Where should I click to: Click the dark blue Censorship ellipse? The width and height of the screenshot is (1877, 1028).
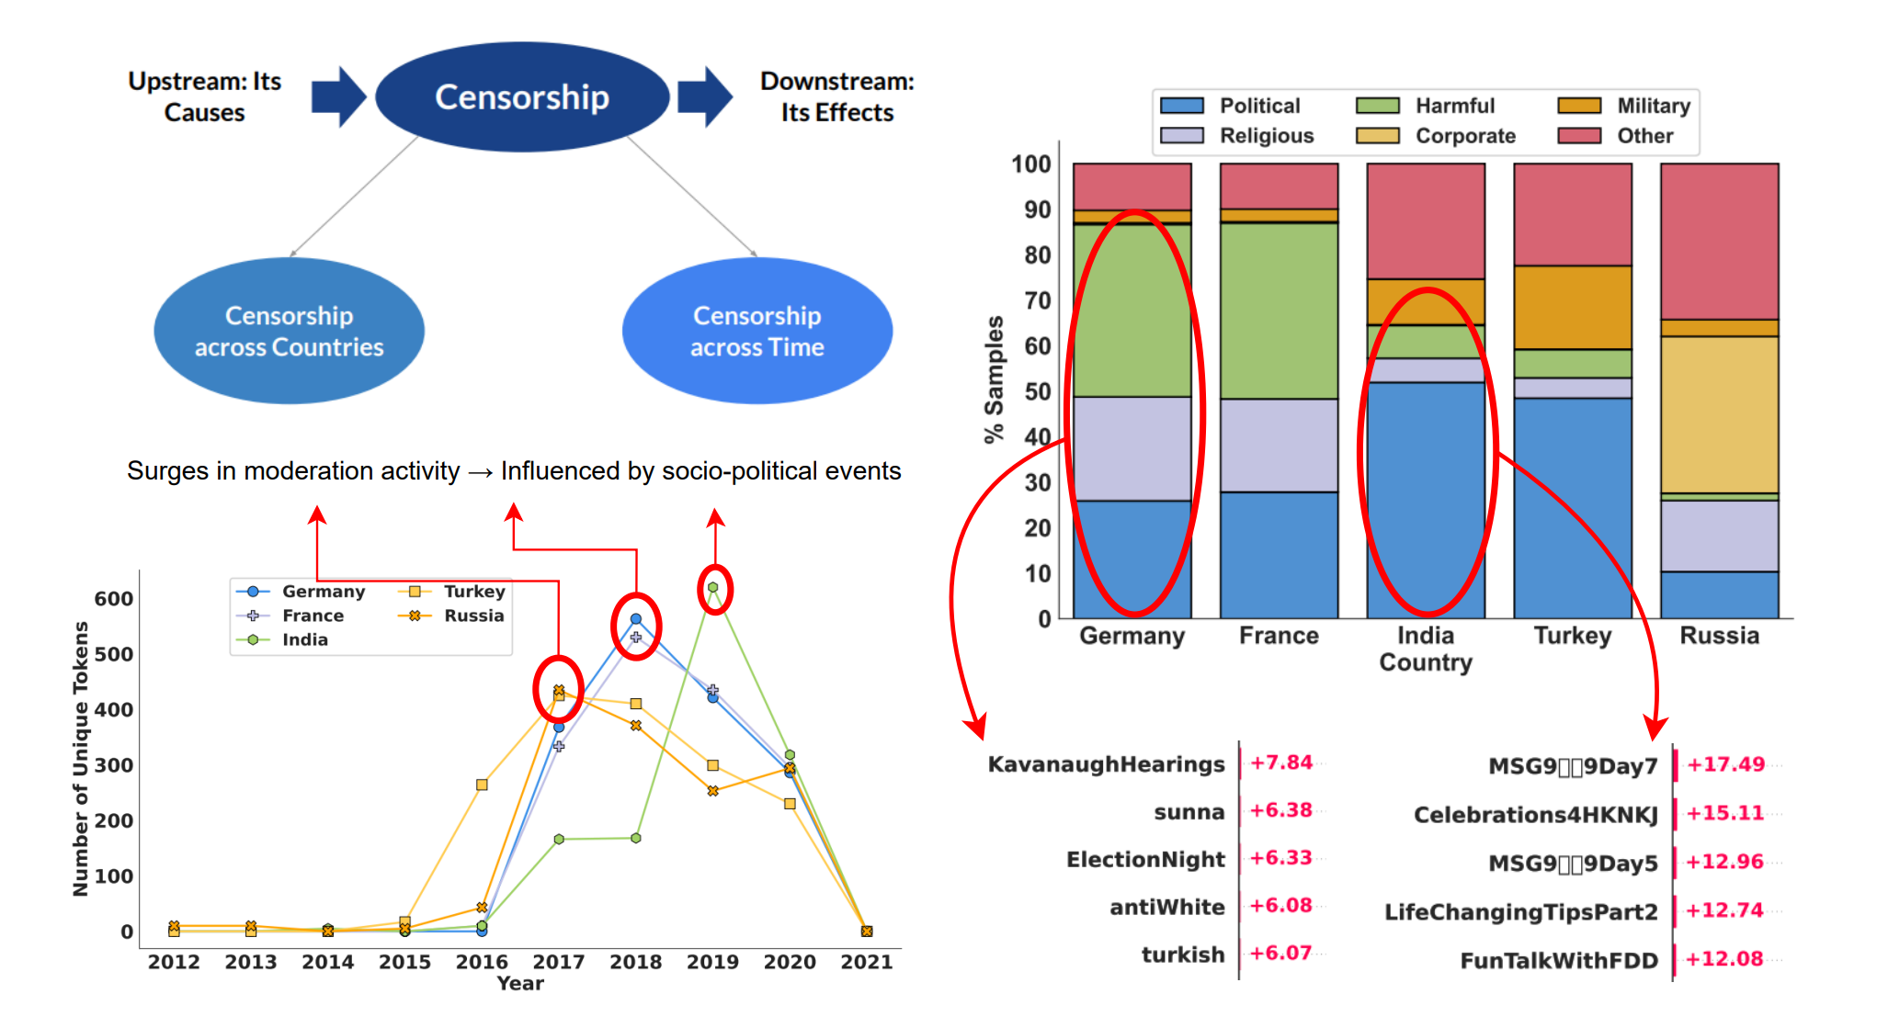click(x=521, y=96)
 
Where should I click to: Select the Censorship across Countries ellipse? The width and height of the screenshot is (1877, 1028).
click(x=289, y=331)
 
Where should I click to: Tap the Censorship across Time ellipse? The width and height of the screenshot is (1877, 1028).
click(x=756, y=331)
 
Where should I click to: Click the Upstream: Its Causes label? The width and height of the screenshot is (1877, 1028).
click(x=204, y=96)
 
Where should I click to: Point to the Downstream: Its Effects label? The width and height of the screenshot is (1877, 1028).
click(x=836, y=96)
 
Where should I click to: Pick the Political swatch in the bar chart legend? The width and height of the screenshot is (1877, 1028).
click(x=1182, y=106)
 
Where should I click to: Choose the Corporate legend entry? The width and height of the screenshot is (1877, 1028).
click(x=1464, y=136)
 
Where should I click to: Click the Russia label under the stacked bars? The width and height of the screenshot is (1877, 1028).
click(x=1719, y=636)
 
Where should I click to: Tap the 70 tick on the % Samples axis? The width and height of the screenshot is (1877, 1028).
click(x=1038, y=300)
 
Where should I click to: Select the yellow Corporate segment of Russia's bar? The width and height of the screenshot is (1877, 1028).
click(x=1719, y=414)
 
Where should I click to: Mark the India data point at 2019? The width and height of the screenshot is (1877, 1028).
click(x=712, y=587)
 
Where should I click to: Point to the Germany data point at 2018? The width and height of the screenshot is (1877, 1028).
click(x=635, y=619)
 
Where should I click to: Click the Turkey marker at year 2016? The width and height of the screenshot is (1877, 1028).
click(x=482, y=785)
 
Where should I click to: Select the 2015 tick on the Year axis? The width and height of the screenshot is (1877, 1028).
click(x=404, y=962)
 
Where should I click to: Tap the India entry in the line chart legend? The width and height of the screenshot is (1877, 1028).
click(x=304, y=639)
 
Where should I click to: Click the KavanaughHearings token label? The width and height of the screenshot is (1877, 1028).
click(x=1106, y=764)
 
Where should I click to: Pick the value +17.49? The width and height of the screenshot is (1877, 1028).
click(x=1725, y=764)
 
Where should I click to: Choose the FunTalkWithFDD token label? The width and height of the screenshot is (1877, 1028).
click(x=1559, y=961)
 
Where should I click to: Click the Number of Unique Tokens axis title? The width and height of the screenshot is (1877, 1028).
click(x=81, y=758)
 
